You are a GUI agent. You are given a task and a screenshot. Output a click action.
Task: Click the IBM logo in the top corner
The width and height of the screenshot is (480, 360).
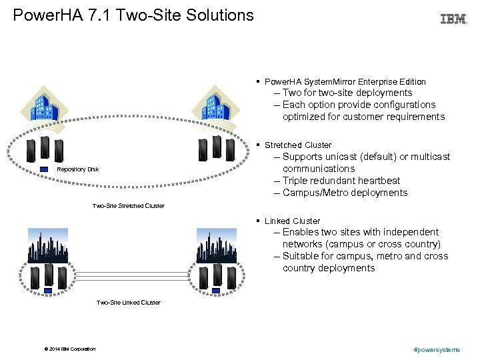[453, 19]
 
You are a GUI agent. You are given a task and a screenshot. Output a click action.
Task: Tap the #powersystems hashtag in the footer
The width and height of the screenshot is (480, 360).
[437, 349]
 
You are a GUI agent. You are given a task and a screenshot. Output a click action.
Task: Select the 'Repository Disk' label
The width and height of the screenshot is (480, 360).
[78, 169]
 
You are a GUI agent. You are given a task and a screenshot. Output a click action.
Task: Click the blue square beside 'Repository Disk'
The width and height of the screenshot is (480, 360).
[45, 169]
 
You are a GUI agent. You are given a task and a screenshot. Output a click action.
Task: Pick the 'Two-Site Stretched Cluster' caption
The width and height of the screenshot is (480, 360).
[128, 205]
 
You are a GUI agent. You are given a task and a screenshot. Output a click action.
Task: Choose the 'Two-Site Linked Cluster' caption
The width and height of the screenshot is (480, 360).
[128, 302]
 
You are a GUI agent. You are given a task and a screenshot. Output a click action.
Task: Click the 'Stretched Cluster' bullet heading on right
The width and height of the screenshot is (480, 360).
[297, 145]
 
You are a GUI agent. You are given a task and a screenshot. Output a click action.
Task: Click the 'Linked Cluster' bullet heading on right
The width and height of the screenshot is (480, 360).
[292, 221]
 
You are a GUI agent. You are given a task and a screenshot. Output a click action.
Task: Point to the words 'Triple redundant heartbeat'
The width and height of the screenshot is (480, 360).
[341, 181]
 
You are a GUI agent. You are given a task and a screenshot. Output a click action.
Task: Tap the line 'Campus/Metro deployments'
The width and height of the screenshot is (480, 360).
[345, 193]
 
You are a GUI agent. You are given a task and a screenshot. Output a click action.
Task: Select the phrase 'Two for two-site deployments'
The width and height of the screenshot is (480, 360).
[347, 93]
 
